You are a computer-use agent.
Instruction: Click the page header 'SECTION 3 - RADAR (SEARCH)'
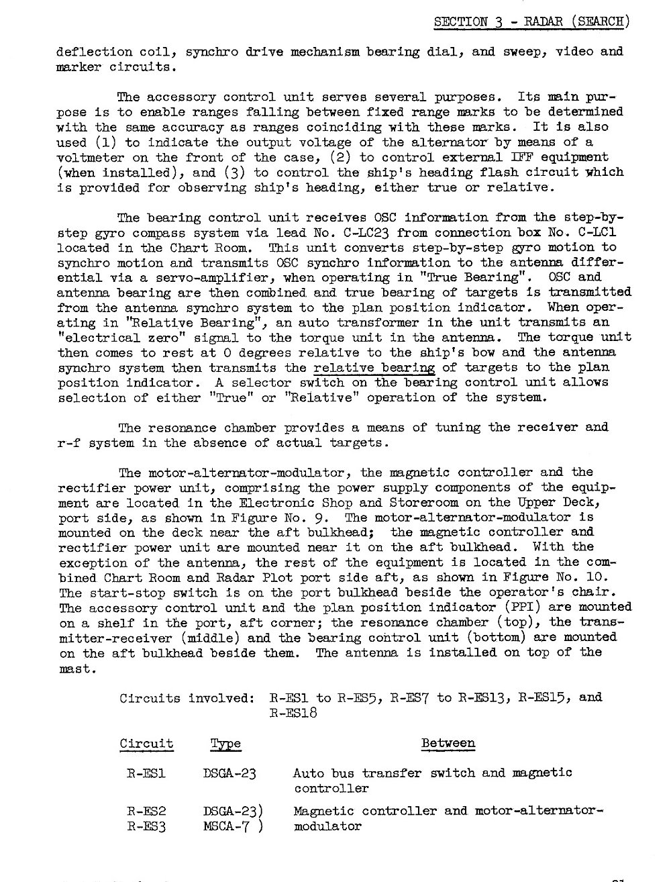coord(531,21)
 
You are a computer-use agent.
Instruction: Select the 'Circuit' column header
coord(146,744)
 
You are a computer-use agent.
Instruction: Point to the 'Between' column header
coord(448,743)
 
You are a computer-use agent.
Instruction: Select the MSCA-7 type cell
coord(228,826)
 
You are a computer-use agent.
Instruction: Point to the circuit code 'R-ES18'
coord(293,713)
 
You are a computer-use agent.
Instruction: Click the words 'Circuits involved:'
coord(186,697)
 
